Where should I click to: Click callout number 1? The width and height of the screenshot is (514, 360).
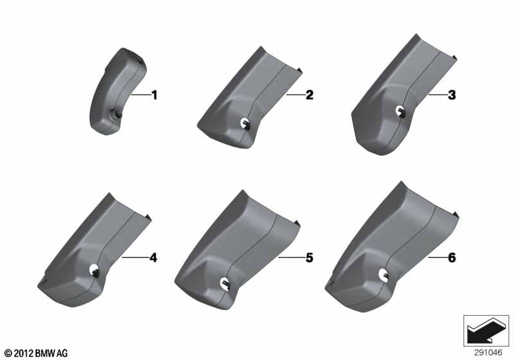154,95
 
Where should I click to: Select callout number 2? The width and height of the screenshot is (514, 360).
309,95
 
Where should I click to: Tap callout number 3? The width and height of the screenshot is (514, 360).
452,95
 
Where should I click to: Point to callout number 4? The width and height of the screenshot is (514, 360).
153,258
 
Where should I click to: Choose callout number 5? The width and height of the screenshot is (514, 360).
309,258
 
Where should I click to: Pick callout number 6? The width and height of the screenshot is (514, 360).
452,258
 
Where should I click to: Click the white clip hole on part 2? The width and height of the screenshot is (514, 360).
245,123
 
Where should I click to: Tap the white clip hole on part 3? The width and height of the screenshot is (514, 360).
400,111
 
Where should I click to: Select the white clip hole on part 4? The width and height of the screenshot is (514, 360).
94,269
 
